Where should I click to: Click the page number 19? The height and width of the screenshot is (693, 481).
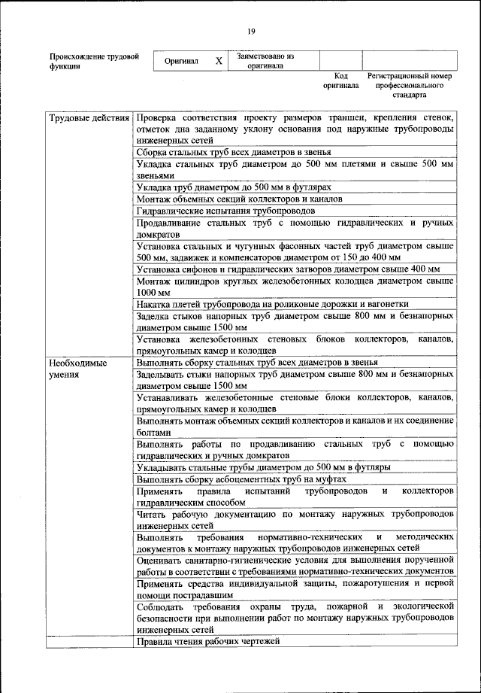point(251,31)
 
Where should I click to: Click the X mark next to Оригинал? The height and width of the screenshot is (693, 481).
point(219,61)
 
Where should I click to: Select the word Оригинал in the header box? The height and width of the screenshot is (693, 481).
point(181,61)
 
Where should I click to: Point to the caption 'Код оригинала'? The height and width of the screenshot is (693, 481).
point(340,81)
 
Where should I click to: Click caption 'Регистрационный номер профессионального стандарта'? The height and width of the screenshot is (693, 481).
point(409,86)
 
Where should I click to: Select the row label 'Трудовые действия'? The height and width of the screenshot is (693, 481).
point(89,119)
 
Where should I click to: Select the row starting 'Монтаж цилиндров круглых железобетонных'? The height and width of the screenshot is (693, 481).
point(295,286)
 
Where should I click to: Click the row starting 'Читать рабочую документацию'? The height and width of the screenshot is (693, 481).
point(295,520)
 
